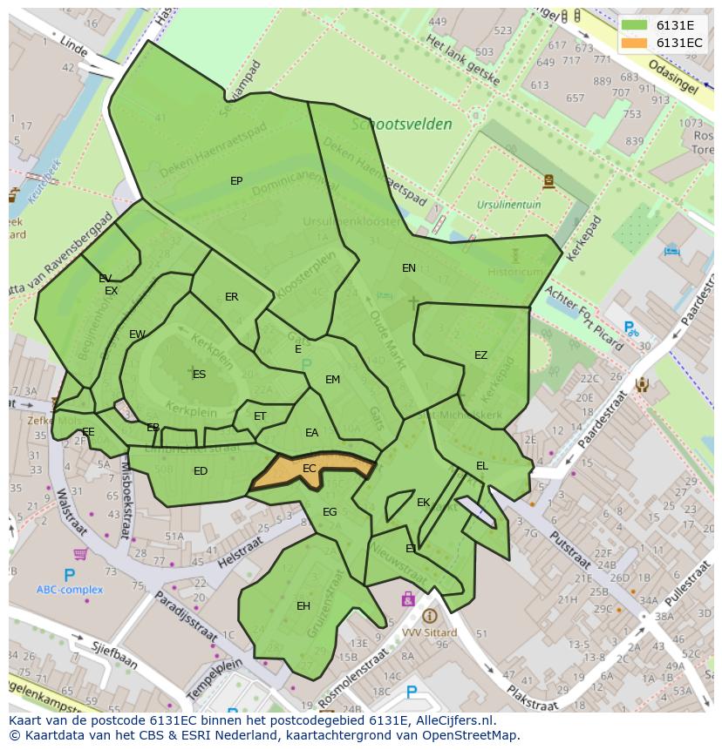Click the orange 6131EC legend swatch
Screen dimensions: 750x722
pyautogui.click(x=634, y=42)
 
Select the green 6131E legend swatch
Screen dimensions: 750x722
pyautogui.click(x=634, y=24)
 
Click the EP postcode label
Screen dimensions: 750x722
pyautogui.click(x=236, y=181)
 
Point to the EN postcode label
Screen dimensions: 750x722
pyautogui.click(x=409, y=268)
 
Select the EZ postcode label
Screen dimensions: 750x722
pyautogui.click(x=480, y=355)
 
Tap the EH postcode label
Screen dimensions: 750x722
pyautogui.click(x=303, y=606)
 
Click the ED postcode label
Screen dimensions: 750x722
pyautogui.click(x=201, y=471)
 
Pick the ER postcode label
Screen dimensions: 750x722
pyautogui.click(x=231, y=297)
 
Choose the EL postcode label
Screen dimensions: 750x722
pyautogui.click(x=482, y=466)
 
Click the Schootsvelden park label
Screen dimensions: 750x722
pyautogui.click(x=402, y=124)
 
